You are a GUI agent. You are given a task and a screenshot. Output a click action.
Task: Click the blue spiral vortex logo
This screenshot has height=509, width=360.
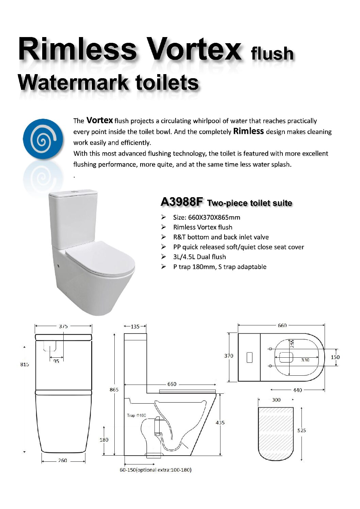[43, 139]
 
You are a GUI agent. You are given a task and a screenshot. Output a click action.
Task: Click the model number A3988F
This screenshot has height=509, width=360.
[181, 202]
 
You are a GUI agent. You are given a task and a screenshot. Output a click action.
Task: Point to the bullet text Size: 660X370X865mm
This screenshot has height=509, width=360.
[207, 218]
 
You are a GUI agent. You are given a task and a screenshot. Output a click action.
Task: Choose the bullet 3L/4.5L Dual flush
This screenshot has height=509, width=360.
[199, 257]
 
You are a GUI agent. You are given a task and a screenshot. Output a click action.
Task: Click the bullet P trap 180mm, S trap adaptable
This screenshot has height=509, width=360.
[220, 267]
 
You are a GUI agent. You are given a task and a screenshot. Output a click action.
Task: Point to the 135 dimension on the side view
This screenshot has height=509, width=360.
[135, 326]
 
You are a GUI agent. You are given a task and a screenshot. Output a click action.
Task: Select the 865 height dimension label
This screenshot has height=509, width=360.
[114, 389]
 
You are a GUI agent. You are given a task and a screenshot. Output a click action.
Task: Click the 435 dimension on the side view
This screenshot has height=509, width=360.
[220, 422]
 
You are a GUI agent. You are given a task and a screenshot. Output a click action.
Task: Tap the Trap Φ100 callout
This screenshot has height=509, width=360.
[136, 415]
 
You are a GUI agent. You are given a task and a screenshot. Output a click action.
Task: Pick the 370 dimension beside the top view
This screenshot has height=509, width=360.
[229, 356]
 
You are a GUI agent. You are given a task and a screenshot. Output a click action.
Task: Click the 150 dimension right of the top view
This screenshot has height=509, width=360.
[335, 357]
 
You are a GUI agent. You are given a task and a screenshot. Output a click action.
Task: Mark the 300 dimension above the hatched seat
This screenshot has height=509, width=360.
[276, 400]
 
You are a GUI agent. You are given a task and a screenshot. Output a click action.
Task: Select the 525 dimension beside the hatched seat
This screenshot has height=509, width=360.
[301, 430]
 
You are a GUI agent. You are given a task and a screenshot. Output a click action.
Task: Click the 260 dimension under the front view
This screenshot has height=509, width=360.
[63, 460]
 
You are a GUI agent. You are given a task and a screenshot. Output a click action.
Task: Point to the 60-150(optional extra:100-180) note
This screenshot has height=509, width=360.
[156, 470]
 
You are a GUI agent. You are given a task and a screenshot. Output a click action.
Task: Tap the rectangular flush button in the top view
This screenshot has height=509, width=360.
[249, 357]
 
